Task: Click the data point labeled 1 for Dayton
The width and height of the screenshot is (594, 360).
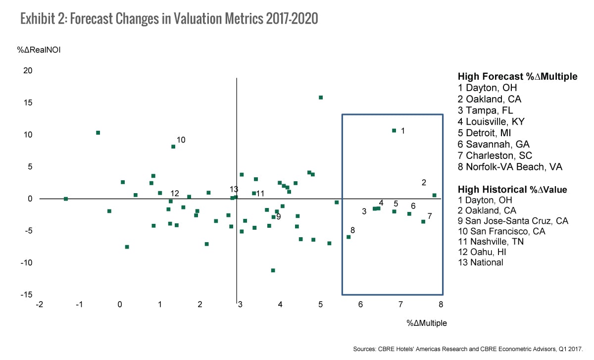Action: (x=394, y=131)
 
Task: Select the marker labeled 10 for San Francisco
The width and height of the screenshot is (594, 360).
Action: (x=173, y=147)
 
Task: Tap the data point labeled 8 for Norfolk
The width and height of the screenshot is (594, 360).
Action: (x=348, y=237)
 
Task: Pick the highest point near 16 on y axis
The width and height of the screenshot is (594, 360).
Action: (x=321, y=98)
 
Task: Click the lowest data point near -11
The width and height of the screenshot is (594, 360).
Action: (x=273, y=270)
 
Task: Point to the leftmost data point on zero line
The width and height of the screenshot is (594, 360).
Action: (x=66, y=199)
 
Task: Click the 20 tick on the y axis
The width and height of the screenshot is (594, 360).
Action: (x=28, y=71)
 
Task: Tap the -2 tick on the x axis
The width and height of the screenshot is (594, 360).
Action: (x=39, y=305)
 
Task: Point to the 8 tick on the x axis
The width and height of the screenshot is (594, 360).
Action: (x=440, y=305)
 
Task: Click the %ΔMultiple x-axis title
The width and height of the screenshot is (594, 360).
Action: (x=427, y=323)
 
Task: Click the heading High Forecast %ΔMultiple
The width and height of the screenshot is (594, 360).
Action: (x=517, y=77)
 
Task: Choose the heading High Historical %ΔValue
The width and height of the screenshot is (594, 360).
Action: (x=512, y=189)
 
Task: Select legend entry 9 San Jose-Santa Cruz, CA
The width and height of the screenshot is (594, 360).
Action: (x=513, y=221)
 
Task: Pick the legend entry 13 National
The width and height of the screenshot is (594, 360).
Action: (x=480, y=262)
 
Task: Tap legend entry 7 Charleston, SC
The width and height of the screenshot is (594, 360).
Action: (x=494, y=155)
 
